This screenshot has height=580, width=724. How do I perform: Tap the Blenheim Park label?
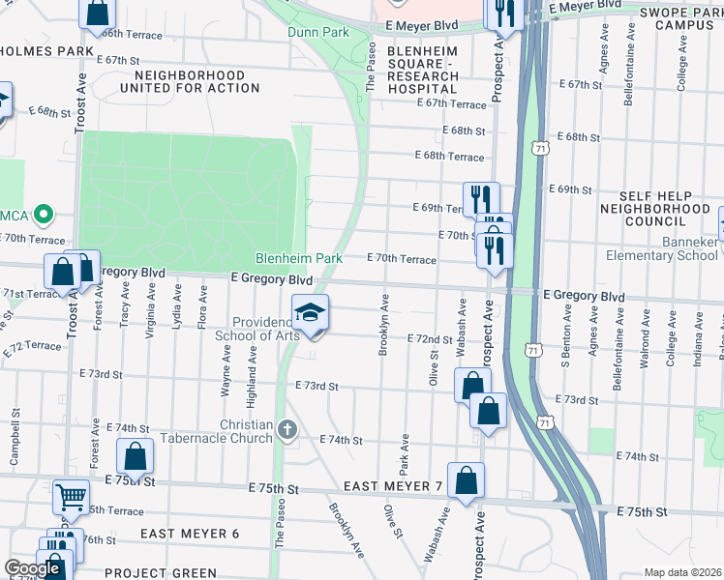coord(299,259)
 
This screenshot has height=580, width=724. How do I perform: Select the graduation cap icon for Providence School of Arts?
coord(311,313)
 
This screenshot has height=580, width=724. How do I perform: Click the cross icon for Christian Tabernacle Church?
coord(287,428)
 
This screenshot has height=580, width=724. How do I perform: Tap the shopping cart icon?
coord(71,497)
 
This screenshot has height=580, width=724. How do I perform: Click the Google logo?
coord(32,568)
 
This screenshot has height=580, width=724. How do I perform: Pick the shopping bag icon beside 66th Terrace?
coord(98,13)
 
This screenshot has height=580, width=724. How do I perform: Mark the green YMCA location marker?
coord(43,214)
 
